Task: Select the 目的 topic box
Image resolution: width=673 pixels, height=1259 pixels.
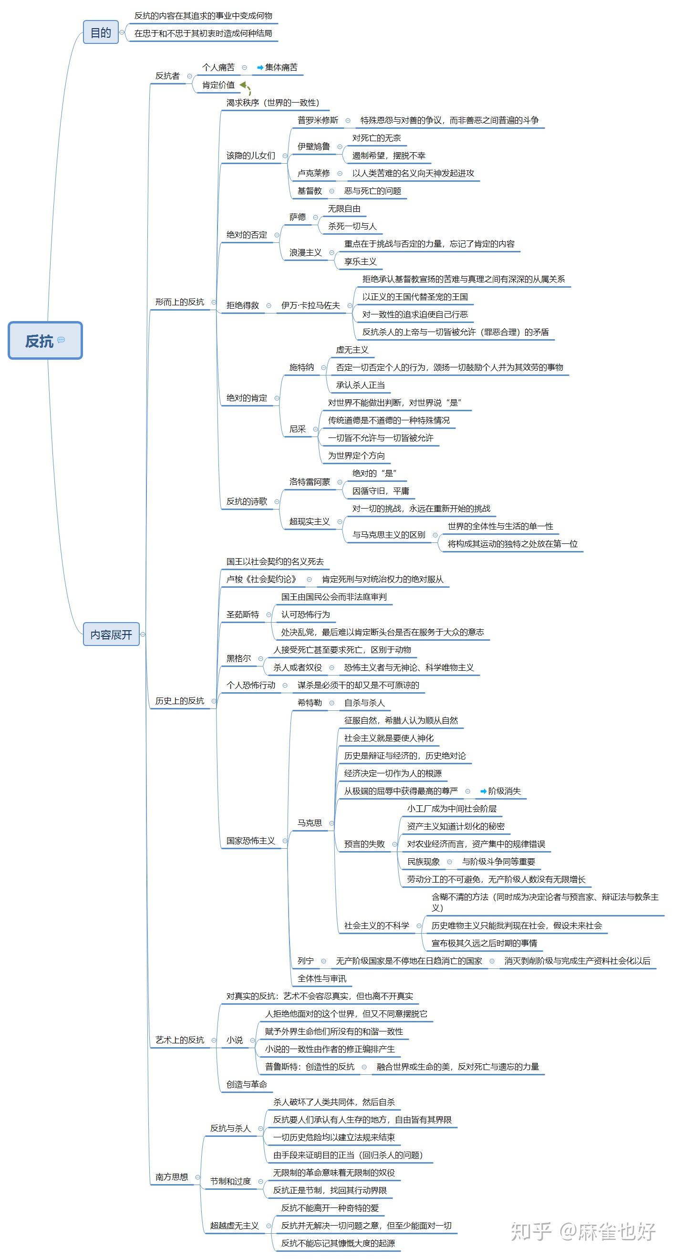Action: pyautogui.click(x=101, y=32)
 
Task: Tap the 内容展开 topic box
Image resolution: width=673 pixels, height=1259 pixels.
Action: pyautogui.click(x=111, y=634)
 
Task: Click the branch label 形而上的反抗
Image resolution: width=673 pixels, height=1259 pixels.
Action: pyautogui.click(x=179, y=302)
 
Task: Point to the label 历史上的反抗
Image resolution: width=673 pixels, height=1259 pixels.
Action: pyautogui.click(x=179, y=700)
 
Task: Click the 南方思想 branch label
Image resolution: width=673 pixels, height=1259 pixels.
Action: pyautogui.click(x=172, y=1176)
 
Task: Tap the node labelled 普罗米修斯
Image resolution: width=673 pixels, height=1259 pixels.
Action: pyautogui.click(x=318, y=120)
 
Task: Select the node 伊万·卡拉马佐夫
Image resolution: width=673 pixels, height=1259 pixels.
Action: pyautogui.click(x=311, y=305)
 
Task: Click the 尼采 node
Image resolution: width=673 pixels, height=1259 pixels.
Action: pyautogui.click(x=297, y=428)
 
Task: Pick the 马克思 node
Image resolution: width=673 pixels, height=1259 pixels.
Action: pyautogui.click(x=310, y=822)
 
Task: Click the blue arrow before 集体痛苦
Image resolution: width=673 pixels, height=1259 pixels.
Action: pyautogui.click(x=260, y=67)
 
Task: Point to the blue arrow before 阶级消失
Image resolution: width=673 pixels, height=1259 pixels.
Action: pyautogui.click(x=483, y=791)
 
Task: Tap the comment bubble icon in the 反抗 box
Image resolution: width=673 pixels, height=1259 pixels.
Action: pyautogui.click(x=61, y=340)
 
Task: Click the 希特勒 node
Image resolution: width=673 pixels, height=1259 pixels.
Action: pyautogui.click(x=310, y=702)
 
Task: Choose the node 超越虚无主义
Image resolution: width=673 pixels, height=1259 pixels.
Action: pyautogui.click(x=234, y=1225)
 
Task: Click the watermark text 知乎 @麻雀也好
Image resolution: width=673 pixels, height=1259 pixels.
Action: pyautogui.click(x=582, y=1232)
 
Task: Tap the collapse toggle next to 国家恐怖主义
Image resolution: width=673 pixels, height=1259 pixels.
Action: pyautogui.click(x=285, y=841)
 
